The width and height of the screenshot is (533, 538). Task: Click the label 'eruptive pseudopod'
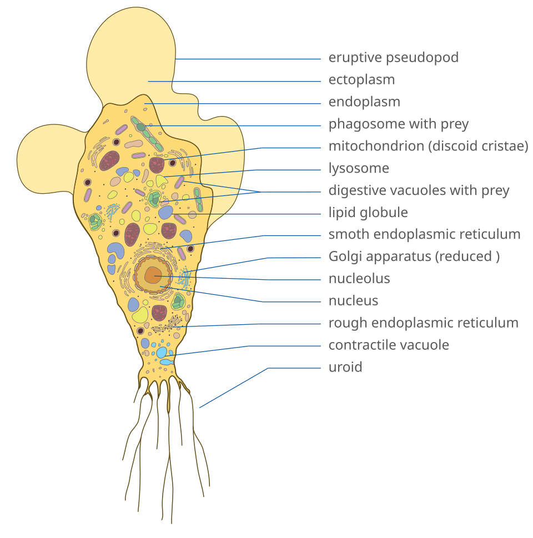point(393,58)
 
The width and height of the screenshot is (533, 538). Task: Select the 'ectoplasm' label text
point(362,80)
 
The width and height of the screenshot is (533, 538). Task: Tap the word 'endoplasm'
point(364,102)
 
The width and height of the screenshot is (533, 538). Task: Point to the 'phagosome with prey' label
point(399,124)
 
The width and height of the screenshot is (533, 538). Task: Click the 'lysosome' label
point(359,168)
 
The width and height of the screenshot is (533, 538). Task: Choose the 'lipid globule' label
point(368,213)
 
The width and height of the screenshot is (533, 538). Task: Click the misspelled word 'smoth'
point(349,234)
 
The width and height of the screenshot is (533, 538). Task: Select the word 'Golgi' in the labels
point(344,257)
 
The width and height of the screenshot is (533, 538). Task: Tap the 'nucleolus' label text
point(359,279)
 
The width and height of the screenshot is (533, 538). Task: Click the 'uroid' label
point(345,367)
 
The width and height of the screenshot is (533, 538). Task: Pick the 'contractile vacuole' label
point(389,345)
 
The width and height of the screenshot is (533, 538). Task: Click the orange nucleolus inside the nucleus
point(153,275)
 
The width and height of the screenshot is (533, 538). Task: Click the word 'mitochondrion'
point(376,146)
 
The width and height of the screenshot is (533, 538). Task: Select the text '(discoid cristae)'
point(478,147)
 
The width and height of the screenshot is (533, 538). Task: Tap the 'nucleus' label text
point(354,301)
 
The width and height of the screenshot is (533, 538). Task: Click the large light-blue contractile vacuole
point(162,353)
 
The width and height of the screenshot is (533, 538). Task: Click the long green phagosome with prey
point(147,133)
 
